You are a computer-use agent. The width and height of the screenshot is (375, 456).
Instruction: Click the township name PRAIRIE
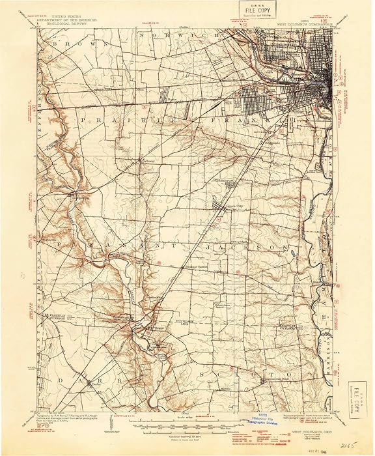(115, 120)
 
